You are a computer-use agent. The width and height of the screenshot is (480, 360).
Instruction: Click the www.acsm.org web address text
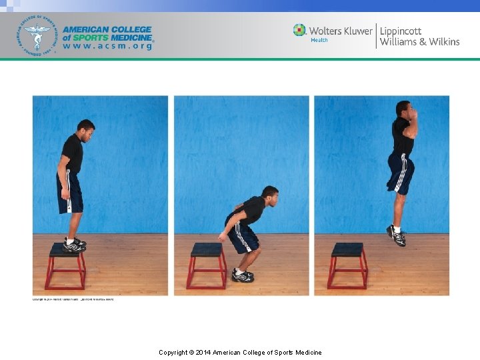click(107, 47)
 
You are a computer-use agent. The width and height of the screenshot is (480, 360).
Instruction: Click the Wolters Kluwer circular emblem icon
click(299, 30)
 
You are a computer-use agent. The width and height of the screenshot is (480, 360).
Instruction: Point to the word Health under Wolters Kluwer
click(319, 41)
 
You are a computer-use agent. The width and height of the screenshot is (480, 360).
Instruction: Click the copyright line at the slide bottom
click(240, 352)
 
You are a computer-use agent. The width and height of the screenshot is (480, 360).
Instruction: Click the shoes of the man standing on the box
click(74, 245)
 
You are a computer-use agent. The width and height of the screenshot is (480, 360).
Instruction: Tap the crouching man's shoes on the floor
click(243, 274)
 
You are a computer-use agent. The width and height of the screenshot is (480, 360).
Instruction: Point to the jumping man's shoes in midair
click(396, 235)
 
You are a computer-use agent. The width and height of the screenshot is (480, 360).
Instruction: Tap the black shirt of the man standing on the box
click(73, 153)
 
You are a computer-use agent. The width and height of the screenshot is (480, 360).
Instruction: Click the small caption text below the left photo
click(73, 299)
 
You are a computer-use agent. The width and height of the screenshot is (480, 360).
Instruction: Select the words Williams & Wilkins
click(419, 42)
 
